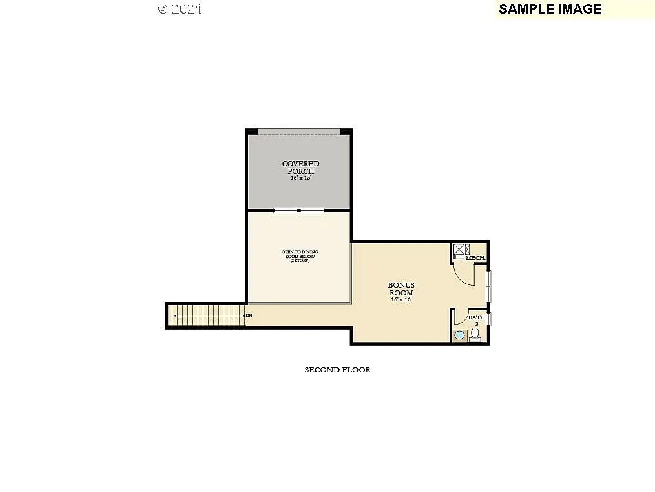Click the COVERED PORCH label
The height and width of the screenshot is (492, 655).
pyautogui.click(x=300, y=167)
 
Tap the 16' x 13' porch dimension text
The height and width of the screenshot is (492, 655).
pyautogui.click(x=300, y=177)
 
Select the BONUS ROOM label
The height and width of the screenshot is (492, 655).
pyautogui.click(x=400, y=288)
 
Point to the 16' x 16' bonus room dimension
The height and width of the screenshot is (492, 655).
pyautogui.click(x=400, y=299)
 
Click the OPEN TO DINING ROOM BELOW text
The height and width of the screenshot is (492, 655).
pyautogui.click(x=299, y=255)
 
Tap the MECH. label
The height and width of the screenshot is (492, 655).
pyautogui.click(x=475, y=258)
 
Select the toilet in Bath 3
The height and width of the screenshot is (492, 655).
pyautogui.click(x=475, y=334)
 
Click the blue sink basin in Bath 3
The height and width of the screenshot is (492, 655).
pyautogui.click(x=459, y=335)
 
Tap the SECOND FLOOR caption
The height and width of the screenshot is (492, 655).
pyautogui.click(x=337, y=370)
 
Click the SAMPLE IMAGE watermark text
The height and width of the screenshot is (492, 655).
pyautogui.click(x=550, y=8)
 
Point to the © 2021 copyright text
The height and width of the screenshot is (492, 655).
pyautogui.click(x=180, y=8)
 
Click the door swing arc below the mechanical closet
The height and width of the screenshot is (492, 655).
pyautogui.click(x=464, y=275)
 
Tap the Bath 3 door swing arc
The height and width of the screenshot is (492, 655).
pyautogui.click(x=460, y=317)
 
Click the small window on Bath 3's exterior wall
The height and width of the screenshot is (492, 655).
pyautogui.click(x=489, y=319)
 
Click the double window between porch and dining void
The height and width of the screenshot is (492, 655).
pyautogui.click(x=298, y=210)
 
